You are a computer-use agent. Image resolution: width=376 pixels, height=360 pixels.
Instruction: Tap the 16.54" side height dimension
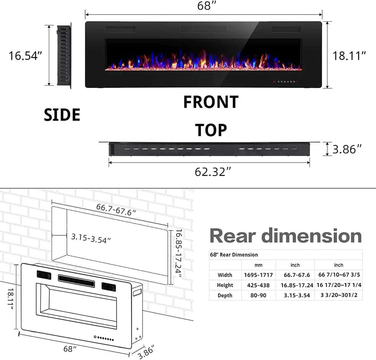click(25, 55)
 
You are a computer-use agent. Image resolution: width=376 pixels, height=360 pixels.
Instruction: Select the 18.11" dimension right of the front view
click(349, 55)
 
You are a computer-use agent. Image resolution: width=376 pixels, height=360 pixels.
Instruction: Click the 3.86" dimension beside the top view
click(347, 149)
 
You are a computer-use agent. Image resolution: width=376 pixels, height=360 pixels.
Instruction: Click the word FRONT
click(211, 102)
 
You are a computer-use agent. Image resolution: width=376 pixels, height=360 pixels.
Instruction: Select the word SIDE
click(62, 115)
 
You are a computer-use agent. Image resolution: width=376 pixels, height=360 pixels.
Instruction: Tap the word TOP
click(211, 130)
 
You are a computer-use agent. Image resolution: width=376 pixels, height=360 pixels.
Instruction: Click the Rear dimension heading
click(286, 235)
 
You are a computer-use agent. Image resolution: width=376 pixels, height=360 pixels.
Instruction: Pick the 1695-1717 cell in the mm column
click(258, 275)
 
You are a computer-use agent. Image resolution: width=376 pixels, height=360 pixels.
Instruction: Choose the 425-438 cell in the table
click(258, 285)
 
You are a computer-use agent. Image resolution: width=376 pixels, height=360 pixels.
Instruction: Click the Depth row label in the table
click(225, 295)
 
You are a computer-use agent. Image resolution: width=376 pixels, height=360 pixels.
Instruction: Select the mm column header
click(258, 265)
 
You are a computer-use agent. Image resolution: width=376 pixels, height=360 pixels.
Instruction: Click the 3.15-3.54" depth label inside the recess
click(91, 240)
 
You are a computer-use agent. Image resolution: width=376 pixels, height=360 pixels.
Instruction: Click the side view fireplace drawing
click(64, 55)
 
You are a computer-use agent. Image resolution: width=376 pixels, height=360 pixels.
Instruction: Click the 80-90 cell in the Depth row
click(258, 295)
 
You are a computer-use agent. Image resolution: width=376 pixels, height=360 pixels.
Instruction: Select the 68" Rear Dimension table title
click(234, 255)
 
